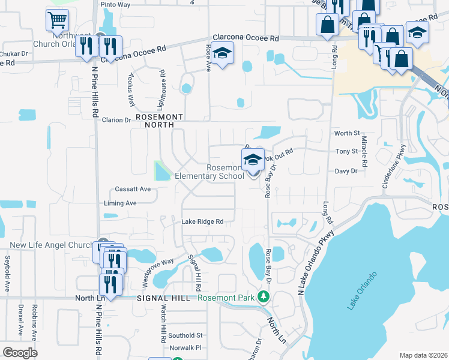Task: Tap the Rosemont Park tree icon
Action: click(x=263, y=297)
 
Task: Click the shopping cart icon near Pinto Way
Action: click(x=57, y=20)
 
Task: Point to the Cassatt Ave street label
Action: click(x=133, y=189)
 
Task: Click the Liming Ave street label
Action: click(x=120, y=203)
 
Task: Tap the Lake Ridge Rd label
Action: click(x=202, y=221)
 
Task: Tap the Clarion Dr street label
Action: click(x=116, y=120)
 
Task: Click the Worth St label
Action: click(x=347, y=133)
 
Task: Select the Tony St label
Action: click(x=347, y=151)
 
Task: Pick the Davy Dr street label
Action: click(x=346, y=171)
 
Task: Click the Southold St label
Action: click(x=185, y=335)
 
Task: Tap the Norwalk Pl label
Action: click(x=185, y=348)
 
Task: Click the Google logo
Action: click(x=20, y=353)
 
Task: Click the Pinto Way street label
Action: click(x=116, y=4)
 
